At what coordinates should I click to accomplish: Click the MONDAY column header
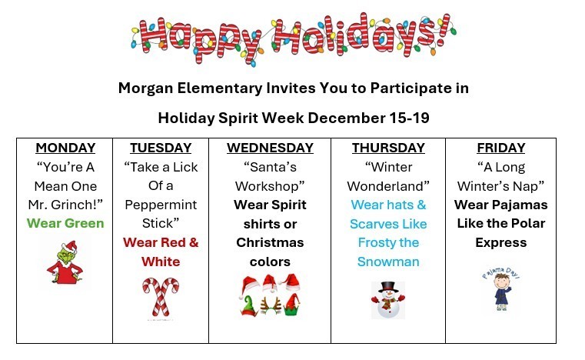tap(65, 148)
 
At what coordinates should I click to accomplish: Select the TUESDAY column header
tap(161, 148)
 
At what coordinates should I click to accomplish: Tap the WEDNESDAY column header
tap(270, 148)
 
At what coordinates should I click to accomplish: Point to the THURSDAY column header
tap(388, 148)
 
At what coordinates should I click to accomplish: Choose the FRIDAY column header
tap(500, 148)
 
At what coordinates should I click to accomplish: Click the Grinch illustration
tap(65, 262)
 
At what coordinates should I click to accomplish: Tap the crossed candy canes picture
tap(161, 296)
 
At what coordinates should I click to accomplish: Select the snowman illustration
tap(388, 298)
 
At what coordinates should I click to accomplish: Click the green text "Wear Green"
tap(65, 223)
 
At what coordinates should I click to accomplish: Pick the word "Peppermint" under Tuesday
tap(161, 205)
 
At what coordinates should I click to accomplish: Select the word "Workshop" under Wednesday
tap(270, 186)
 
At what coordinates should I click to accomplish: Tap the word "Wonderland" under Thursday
tap(388, 186)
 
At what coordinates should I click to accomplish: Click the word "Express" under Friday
tap(500, 242)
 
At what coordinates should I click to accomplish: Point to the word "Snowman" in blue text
tap(388, 262)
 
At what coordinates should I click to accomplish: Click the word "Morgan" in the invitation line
tap(147, 88)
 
